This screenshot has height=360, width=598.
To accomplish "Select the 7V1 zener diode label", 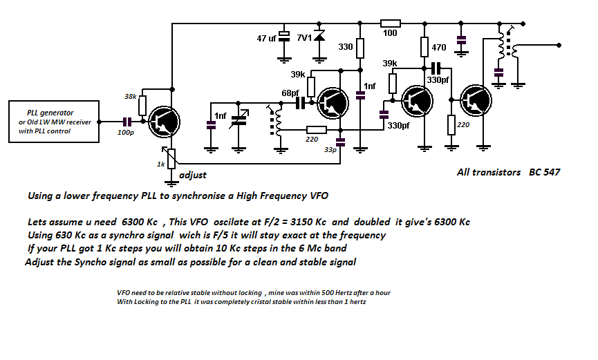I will pyautogui.click(x=304, y=37).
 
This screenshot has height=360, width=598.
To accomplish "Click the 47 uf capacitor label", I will pyautogui.click(x=267, y=39).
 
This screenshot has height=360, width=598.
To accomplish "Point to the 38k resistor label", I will pyautogui.click(x=130, y=96).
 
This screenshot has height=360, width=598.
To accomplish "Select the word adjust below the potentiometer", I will pyautogui.click(x=193, y=175).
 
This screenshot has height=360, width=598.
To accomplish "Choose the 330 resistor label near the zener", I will pyautogui.click(x=346, y=48).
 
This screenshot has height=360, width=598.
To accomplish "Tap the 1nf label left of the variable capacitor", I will pyautogui.click(x=221, y=115).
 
